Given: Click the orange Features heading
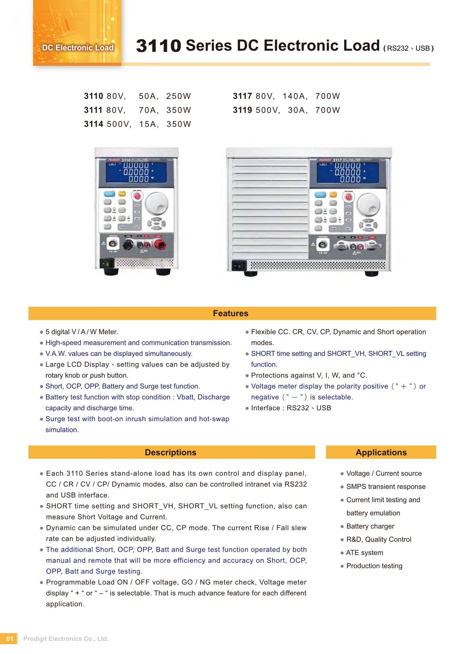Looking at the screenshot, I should coord(230,313).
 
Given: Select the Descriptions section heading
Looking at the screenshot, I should coord(170,452).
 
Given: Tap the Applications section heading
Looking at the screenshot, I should coord(381,452).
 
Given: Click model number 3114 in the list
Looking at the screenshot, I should coord(94,124).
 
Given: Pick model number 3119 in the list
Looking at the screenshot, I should coord(242,110).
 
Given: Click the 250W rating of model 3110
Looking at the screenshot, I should coord(178,96).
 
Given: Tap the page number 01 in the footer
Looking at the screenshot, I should coord(10,639).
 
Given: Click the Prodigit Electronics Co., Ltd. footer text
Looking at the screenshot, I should coord(66,639).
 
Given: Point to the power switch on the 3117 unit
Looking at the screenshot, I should coord(239,266).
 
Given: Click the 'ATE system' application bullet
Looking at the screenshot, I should coord(364,553).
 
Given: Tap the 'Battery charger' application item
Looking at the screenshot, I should coord(370,526).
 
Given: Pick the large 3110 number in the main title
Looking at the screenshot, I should coord(158,46).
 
